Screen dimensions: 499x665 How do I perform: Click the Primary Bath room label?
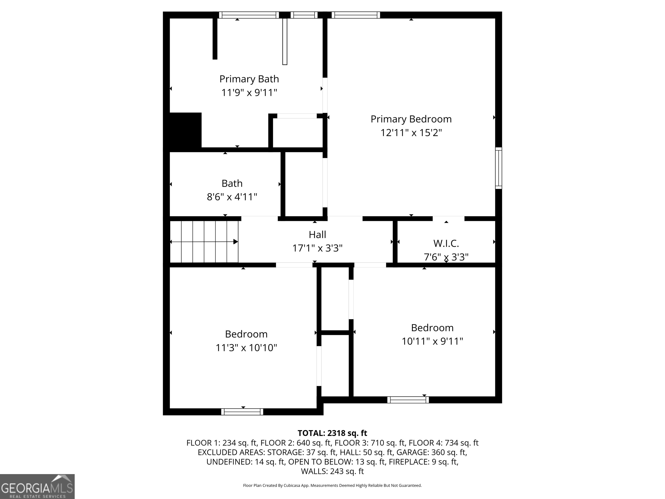tap(249, 79)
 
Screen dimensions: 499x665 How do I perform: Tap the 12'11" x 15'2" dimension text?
tap(411, 133)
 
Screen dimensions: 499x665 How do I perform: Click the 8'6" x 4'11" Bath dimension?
tap(232, 197)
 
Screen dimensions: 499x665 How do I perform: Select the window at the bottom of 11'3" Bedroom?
tap(242, 412)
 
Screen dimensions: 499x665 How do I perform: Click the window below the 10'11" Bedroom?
tap(408, 400)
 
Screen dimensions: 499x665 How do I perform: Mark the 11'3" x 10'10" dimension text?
tap(246, 348)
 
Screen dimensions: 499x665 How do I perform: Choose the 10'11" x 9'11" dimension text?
tap(432, 341)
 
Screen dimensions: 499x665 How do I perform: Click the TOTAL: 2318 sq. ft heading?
tap(332, 433)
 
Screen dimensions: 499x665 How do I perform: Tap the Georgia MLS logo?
tap(37, 486)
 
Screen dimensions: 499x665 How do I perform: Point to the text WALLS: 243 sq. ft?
tap(332, 471)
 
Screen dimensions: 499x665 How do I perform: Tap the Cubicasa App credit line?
tap(332, 486)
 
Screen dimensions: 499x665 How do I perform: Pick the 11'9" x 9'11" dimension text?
tap(249, 93)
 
